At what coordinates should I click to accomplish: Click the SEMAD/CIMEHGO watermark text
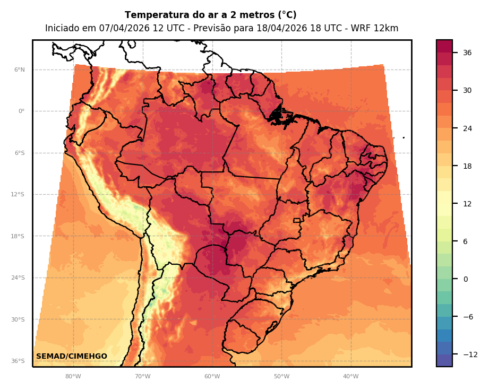point(72,356)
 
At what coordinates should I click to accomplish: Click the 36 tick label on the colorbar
point(467,53)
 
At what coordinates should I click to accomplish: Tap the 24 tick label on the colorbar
point(467,128)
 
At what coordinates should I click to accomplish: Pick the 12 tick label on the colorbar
point(467,204)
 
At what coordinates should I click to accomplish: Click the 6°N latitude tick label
point(19,70)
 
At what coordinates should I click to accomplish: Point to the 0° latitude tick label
point(21,111)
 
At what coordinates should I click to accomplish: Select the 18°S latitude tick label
point(18,236)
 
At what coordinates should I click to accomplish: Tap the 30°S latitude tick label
point(18,319)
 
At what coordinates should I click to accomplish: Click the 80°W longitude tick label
point(73,376)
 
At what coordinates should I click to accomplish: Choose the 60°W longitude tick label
point(212,376)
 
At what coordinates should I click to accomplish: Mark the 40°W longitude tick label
point(350,376)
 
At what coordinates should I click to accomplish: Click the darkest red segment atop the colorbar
point(444,46)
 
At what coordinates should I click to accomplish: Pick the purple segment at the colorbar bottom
point(444,360)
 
